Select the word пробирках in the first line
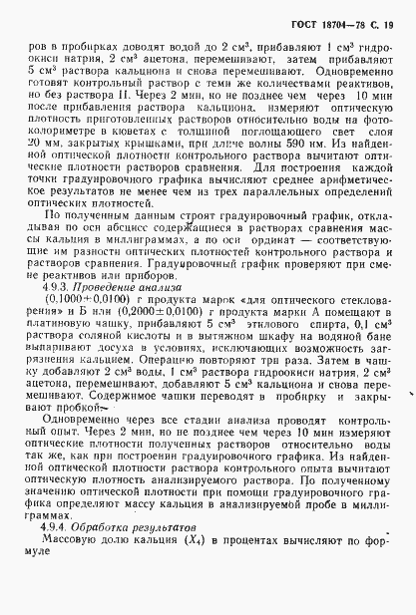click(x=81, y=47)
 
